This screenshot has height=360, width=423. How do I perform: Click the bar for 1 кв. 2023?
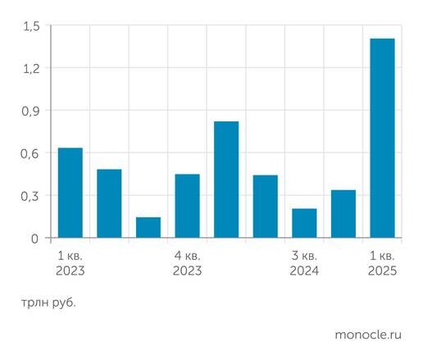[x=70, y=193]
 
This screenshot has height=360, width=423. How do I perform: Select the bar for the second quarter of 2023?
[x=109, y=203]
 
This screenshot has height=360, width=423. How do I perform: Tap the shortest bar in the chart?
[x=148, y=227]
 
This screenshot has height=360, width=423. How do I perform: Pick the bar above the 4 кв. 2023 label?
[x=187, y=206]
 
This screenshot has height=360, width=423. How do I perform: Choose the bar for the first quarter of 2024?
[x=226, y=180]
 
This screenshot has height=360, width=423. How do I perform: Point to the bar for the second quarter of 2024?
[x=265, y=207]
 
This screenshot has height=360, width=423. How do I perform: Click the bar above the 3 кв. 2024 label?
[x=304, y=223]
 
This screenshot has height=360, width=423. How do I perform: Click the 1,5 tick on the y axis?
[x=30, y=25]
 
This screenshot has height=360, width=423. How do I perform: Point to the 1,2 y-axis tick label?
[x=30, y=68]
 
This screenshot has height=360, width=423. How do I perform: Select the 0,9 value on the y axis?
[x=30, y=111]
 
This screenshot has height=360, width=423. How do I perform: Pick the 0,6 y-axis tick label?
[x=30, y=153]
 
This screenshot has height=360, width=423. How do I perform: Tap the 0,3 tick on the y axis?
[x=30, y=196]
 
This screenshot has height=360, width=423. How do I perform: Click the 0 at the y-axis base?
[x=35, y=239]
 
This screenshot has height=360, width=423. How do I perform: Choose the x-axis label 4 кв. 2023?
[x=187, y=262]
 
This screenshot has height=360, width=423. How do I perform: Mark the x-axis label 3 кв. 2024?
[x=304, y=262]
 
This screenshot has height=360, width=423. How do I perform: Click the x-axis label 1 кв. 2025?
[x=382, y=262]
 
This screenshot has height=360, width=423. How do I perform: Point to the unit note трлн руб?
[x=48, y=303]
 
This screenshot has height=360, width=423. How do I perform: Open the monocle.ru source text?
[x=369, y=335]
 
